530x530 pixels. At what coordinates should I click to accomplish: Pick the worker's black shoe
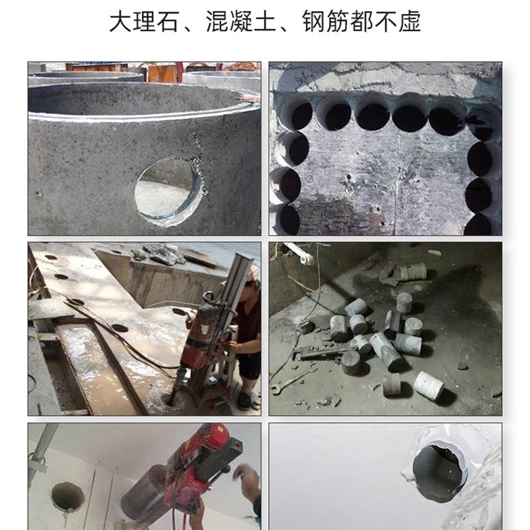pos(244,401)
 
